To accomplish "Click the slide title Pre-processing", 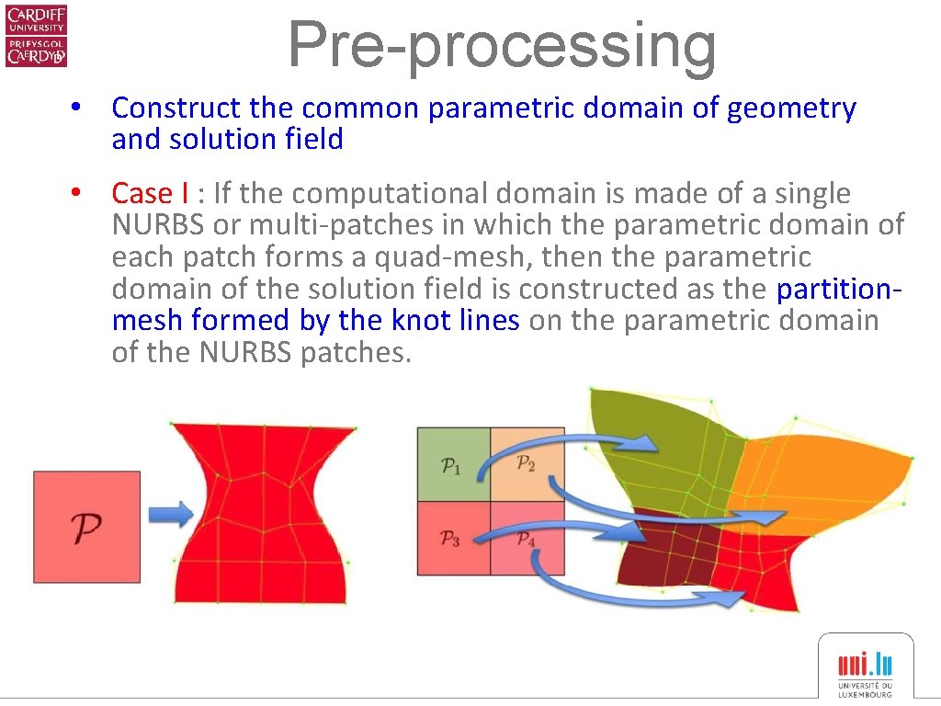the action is pyautogui.click(x=502, y=43).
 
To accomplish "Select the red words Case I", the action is pyautogui.click(x=151, y=194).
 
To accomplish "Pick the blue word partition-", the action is pyautogui.click(x=839, y=290).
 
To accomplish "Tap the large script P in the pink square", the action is pyautogui.click(x=86, y=527).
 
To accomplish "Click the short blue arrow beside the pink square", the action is pyautogui.click(x=171, y=511).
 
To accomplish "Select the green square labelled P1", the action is pyautogui.click(x=453, y=464).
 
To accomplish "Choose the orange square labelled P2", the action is pyautogui.click(x=527, y=464).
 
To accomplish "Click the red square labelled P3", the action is pyautogui.click(x=453, y=539).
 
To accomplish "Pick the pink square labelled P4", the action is pyautogui.click(x=527, y=539).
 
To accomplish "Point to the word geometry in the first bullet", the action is pyautogui.click(x=791, y=108).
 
